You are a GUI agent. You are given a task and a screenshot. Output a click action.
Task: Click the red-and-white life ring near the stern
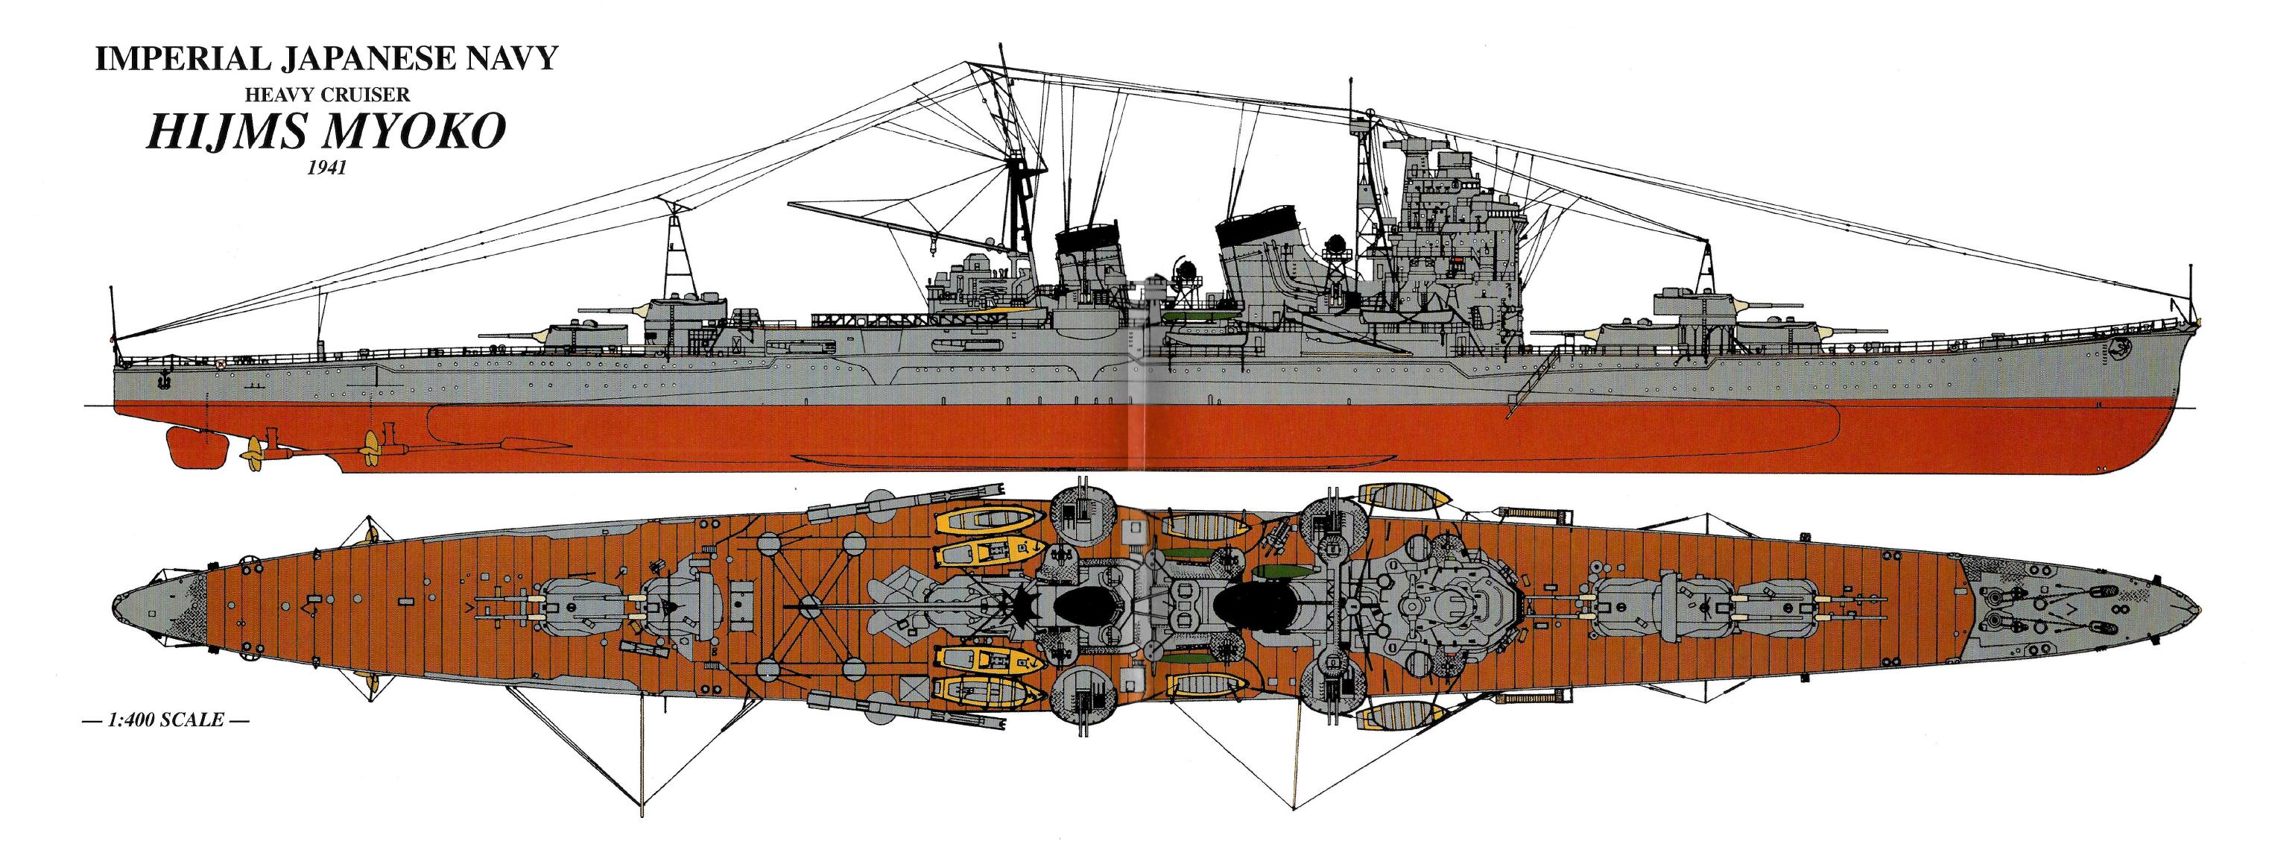click(219, 362)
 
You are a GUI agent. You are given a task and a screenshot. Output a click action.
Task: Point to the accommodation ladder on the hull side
click(1528, 381)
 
